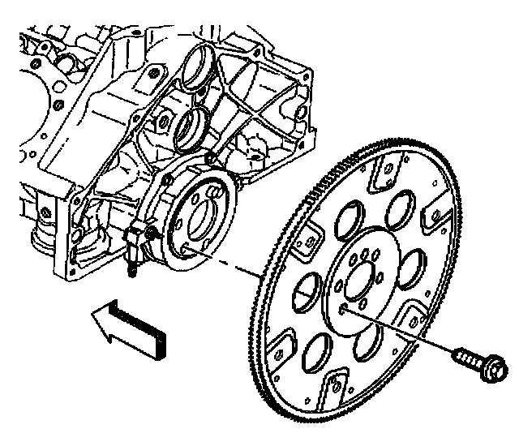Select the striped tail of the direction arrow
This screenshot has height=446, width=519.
point(143,328)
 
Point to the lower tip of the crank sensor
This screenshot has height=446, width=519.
point(130,272)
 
